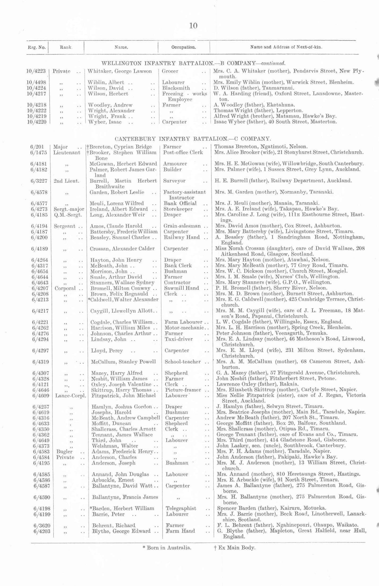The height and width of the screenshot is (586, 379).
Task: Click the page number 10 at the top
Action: tap(193, 26)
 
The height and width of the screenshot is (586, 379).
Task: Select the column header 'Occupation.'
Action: tap(184, 47)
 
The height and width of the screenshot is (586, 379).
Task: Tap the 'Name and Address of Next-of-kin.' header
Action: tap(286, 47)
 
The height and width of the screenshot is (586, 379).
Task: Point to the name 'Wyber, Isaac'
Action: tap(105, 122)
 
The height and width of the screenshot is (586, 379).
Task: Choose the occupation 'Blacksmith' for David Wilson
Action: tap(176, 88)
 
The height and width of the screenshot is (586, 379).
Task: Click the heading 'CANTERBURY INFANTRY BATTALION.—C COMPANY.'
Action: tap(193, 139)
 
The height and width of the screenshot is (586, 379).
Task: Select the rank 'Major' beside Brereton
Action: tap(61, 147)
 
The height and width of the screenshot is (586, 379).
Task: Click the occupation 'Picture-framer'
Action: tap(183, 390)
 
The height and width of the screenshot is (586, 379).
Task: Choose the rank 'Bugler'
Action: tap(64, 452)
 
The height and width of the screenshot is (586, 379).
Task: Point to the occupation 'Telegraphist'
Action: tap(181, 508)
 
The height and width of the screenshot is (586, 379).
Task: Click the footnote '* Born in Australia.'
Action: tap(167, 547)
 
